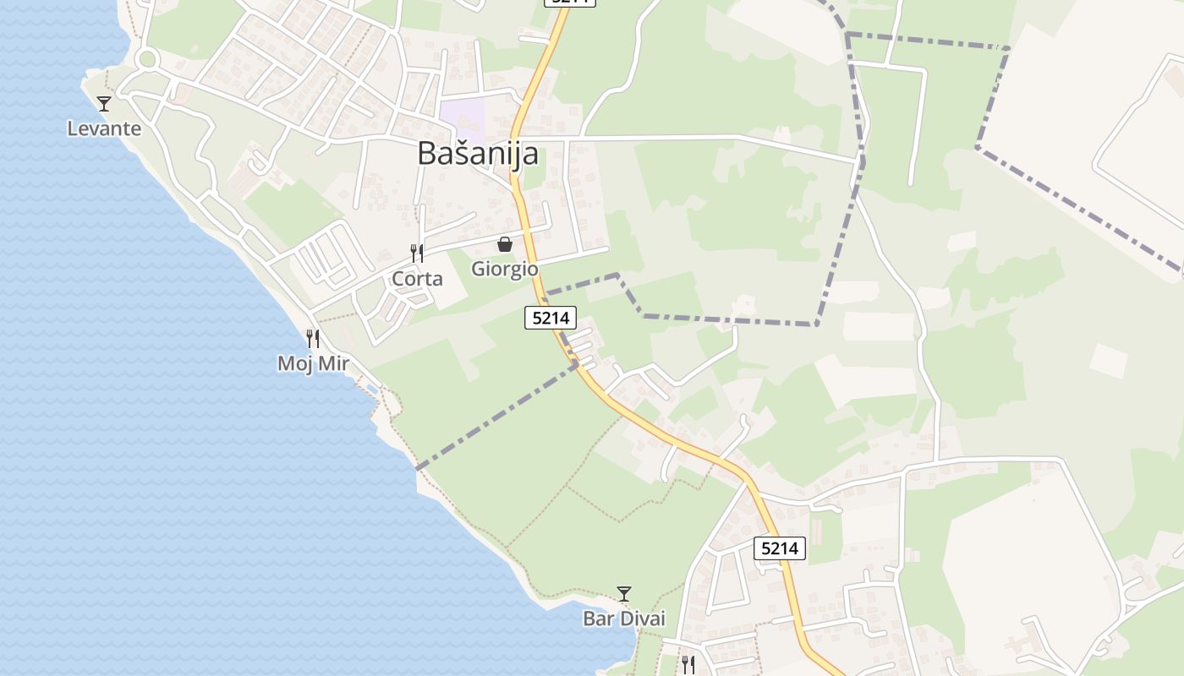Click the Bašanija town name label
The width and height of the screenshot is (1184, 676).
point(478,154)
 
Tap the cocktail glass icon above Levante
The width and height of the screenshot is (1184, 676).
point(104,104)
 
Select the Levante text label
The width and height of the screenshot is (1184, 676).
point(104,129)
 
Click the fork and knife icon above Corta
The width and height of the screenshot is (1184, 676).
point(416,253)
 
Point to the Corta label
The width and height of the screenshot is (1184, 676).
point(417,279)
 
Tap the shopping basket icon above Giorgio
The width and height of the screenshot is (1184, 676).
point(505,244)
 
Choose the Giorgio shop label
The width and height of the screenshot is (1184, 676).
point(505,270)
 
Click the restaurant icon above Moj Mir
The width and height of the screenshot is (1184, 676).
point(313,339)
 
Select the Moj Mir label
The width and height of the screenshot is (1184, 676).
point(313,364)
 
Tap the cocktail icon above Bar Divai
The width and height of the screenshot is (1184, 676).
point(624,594)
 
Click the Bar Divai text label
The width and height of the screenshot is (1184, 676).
point(624,619)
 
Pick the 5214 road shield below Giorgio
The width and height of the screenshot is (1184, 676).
point(551,318)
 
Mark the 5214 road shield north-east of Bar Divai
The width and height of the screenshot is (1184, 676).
point(779,548)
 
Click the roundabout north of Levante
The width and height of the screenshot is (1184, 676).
point(147,59)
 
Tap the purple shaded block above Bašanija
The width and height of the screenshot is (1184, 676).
point(463,119)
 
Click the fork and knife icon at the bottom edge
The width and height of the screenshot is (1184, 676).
point(688,665)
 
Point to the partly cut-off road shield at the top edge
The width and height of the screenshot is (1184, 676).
point(570,3)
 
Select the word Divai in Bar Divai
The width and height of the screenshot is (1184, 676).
point(642,619)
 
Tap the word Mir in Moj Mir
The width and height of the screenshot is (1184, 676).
point(332,364)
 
